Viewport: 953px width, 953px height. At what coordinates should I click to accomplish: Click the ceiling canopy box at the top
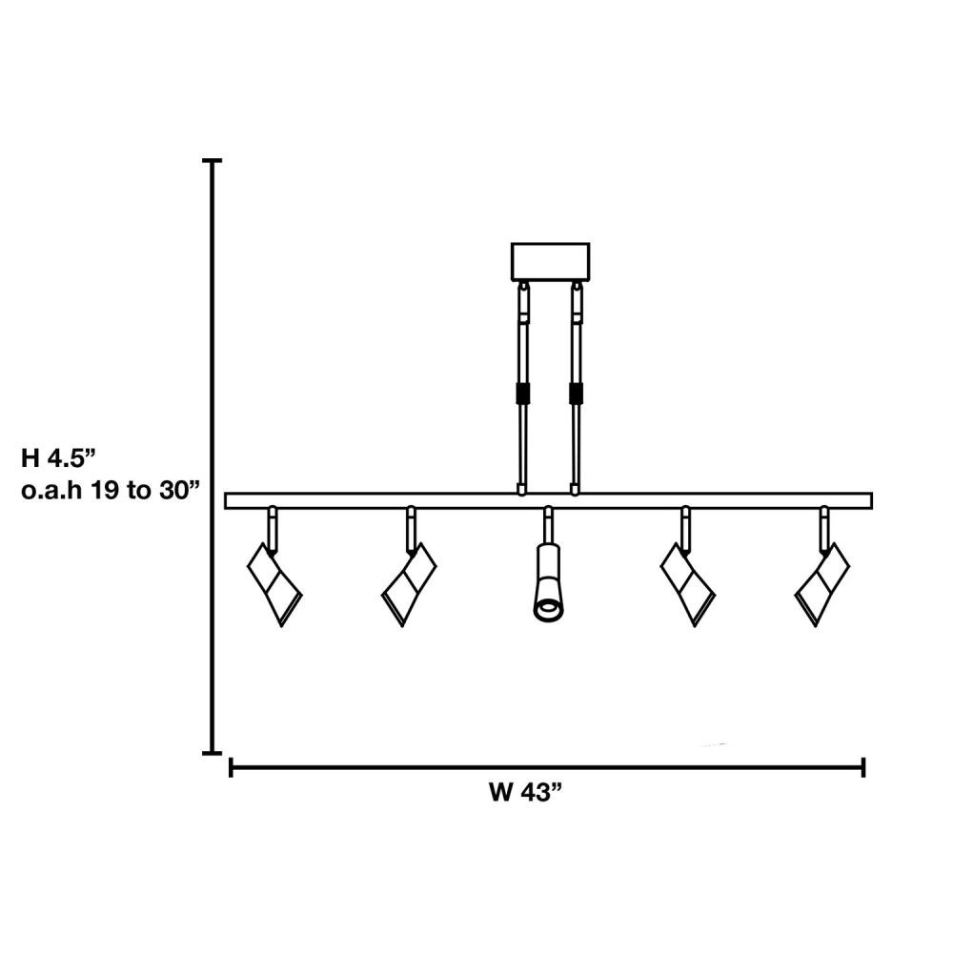point(550,261)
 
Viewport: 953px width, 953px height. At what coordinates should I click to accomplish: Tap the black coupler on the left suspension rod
point(522,393)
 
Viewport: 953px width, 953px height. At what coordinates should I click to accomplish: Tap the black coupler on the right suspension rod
point(576,393)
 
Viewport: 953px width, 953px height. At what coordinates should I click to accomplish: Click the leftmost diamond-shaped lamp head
point(274,584)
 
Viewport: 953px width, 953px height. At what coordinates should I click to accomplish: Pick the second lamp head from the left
point(409,584)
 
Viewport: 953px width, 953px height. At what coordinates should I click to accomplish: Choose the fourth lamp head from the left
point(688,584)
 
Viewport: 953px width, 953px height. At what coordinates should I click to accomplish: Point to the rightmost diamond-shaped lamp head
point(822,584)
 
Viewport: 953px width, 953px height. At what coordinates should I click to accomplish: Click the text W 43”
point(526,793)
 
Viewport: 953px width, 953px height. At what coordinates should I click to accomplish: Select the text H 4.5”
point(59,457)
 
